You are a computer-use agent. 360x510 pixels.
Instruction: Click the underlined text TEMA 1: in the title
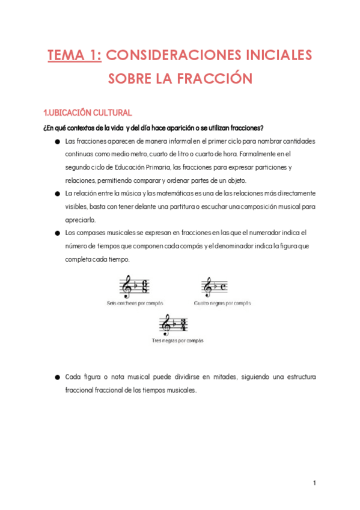coord(75,56)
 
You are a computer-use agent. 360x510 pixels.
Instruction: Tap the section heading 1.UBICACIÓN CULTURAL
coord(88,113)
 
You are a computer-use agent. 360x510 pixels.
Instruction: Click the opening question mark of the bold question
coord(46,127)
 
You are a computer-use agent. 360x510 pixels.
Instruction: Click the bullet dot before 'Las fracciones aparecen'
coord(57,142)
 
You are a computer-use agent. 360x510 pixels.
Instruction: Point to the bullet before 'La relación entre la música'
coord(57,194)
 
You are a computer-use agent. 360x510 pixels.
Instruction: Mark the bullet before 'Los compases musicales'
coord(57,233)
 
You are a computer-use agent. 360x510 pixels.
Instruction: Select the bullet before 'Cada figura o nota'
coord(57,377)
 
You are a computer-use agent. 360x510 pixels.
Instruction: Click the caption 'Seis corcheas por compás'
coord(135,303)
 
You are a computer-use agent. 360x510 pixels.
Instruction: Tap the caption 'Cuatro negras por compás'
coord(222,303)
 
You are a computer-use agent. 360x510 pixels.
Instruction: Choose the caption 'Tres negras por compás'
coord(177,340)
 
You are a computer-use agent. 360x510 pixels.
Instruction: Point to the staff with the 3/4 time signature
coord(174,325)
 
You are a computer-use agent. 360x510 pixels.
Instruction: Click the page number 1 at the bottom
coord(315,483)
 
